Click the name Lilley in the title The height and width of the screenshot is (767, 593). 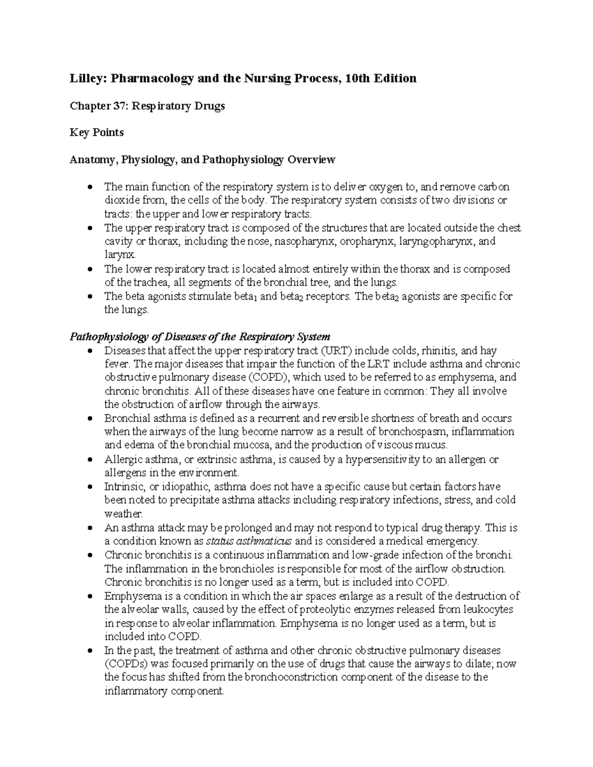[x=87, y=79]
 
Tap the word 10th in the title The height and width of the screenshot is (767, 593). [x=361, y=79]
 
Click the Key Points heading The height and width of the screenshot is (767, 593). [x=97, y=133]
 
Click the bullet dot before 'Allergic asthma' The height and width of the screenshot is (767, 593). [x=89, y=460]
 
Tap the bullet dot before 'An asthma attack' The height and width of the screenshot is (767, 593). [x=89, y=528]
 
